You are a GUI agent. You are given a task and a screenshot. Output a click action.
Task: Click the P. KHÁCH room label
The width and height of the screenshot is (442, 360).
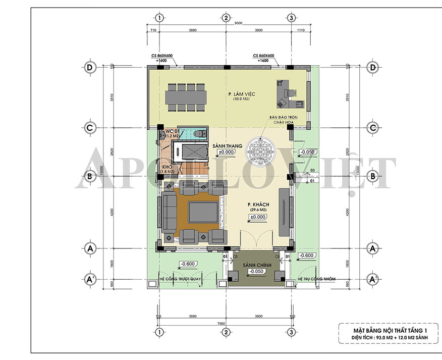[257, 204]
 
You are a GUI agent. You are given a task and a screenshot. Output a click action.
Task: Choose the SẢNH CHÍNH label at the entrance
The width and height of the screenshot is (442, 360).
[257, 265]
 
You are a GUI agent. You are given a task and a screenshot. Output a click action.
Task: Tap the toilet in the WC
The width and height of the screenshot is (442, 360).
[200, 134]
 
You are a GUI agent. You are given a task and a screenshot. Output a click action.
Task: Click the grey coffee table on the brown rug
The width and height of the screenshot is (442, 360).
[203, 212]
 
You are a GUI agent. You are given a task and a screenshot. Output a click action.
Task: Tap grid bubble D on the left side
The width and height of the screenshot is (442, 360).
[90, 67]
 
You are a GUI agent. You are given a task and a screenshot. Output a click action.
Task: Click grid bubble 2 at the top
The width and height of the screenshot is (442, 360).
[226, 18]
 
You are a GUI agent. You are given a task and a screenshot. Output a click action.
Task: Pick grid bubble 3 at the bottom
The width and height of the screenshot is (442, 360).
[291, 332]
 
